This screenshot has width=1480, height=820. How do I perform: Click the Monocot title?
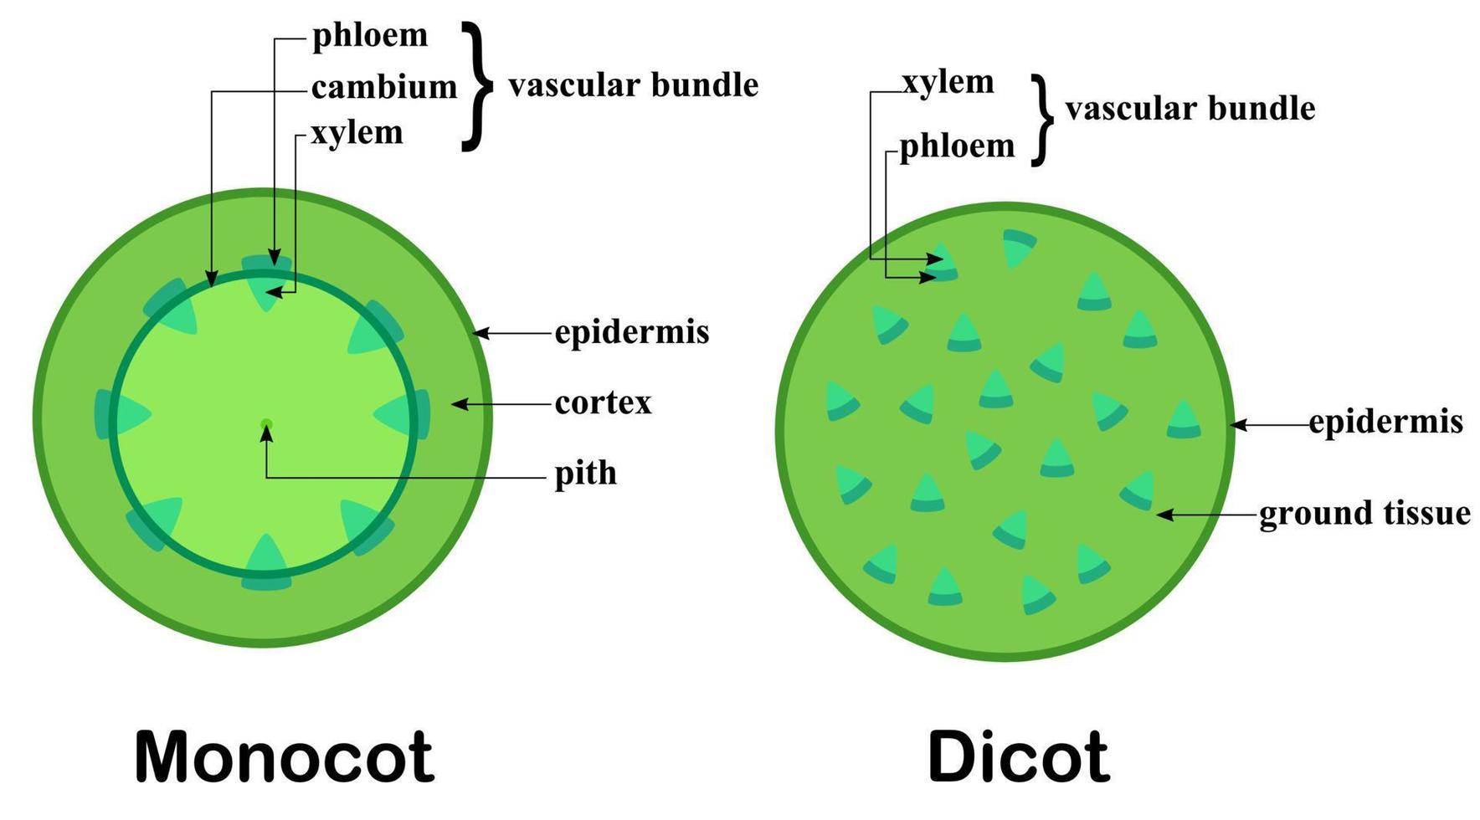pos(285,756)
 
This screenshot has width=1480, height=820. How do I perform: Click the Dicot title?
pos(1019,756)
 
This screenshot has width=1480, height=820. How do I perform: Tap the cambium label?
pos(384,86)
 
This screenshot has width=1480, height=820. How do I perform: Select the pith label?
pos(586,474)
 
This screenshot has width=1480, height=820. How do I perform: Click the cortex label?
pos(603,403)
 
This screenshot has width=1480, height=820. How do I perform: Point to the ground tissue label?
pos(1364,513)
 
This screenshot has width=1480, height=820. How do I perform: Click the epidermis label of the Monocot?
pos(632,332)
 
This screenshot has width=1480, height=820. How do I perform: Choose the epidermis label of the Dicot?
pos(1386,422)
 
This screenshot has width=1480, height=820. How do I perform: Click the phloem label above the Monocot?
pos(370,35)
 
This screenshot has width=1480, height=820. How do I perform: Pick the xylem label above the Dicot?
pos(948,82)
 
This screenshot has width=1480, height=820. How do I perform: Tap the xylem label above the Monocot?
pos(357,133)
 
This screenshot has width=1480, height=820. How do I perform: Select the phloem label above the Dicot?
pos(957,146)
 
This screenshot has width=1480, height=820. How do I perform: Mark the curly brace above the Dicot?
pos(1042,120)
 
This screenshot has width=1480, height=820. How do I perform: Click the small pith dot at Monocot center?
pos(266,424)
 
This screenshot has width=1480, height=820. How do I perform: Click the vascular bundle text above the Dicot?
pos(1190,109)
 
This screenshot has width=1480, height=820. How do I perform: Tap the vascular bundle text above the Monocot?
pos(633,85)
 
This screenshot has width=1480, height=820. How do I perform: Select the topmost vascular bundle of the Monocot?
pos(267,279)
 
